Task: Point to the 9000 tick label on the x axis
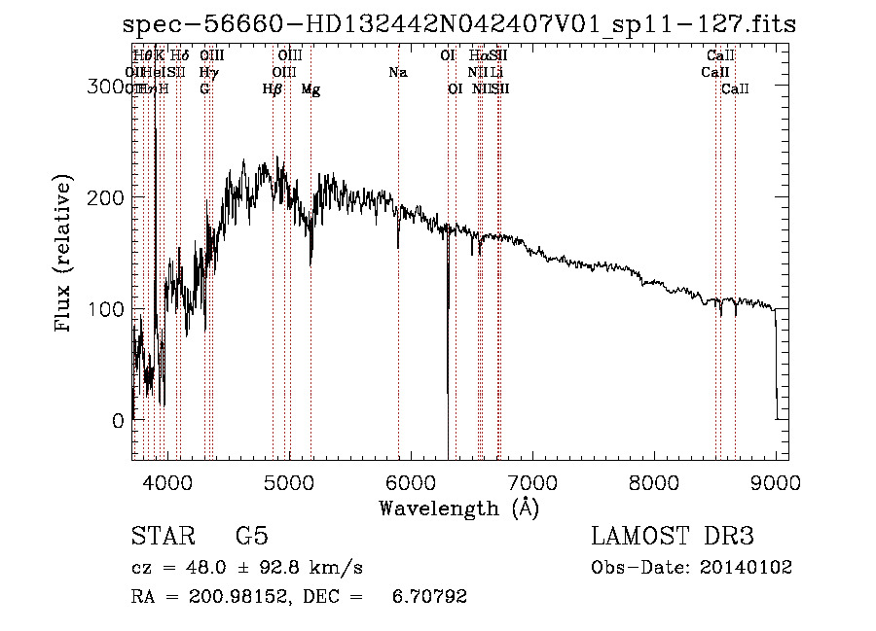775,481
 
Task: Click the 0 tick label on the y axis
117,421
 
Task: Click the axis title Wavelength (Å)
458,508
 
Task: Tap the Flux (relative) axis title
65,255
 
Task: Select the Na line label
397,73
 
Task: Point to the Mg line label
310,89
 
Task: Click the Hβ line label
273,89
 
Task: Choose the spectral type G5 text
251,537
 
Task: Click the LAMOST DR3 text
673,537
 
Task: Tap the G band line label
204,89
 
